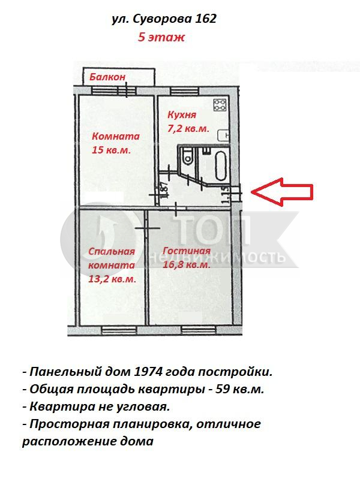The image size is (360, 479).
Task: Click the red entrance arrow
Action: pos(281,192)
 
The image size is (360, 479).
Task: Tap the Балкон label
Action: pos(107,77)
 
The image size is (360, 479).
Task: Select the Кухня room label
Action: pos(182,115)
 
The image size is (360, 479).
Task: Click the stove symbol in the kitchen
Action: pos(220,105)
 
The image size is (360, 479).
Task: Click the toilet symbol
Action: pos(187,156)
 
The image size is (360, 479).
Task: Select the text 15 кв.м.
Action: pos(111,150)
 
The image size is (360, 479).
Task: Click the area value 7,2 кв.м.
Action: pos(188,128)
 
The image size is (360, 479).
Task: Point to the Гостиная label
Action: pos(187,251)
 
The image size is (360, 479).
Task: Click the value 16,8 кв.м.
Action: pos(187,264)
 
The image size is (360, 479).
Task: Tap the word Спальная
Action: pos(112,251)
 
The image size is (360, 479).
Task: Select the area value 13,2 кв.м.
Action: pos(112,279)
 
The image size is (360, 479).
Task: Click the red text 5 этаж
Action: pos(161,37)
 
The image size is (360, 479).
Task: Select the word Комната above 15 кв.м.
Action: pos(116,136)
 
